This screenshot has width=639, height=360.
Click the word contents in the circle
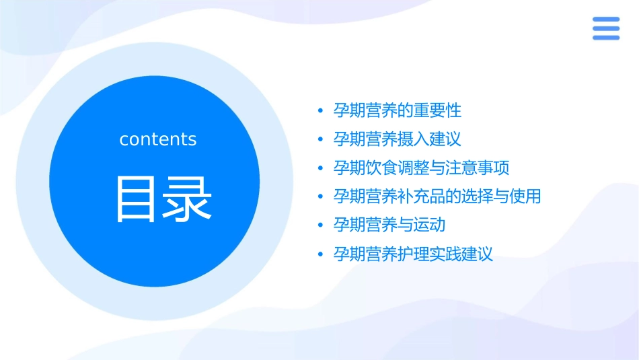158,139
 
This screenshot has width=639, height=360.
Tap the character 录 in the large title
187,199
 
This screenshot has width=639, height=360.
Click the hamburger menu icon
605,29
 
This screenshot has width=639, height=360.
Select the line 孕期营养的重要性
398,110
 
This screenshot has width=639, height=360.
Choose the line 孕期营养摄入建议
398,139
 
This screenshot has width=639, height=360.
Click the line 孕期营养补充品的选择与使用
437,196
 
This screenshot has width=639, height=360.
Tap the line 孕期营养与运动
389,225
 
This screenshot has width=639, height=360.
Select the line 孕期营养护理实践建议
413,254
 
